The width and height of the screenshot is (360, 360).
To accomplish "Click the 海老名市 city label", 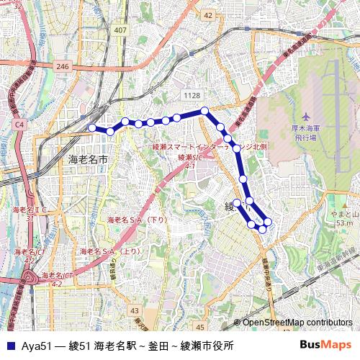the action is (x=88, y=158).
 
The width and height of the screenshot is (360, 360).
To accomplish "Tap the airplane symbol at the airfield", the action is (x=305, y=117).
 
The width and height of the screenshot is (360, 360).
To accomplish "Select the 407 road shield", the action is (x=120, y=30).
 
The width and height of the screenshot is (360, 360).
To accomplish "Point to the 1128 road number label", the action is (x=192, y=95).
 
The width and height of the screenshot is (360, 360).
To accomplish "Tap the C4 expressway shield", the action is (x=19, y=125).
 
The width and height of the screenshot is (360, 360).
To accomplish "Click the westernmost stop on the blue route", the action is (x=91, y=128).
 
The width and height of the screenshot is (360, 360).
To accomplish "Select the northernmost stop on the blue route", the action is (x=204, y=110).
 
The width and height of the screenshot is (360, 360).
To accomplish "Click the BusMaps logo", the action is (x=325, y=345).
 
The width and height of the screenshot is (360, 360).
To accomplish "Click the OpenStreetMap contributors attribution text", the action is (x=297, y=323).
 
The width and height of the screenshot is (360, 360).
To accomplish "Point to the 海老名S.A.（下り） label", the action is (x=138, y=219).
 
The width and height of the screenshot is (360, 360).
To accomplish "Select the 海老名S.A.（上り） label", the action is (x=110, y=251).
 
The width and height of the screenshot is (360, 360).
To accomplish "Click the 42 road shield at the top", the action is (x=208, y=15).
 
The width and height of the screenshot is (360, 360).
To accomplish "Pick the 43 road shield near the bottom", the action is (x=135, y=310).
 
